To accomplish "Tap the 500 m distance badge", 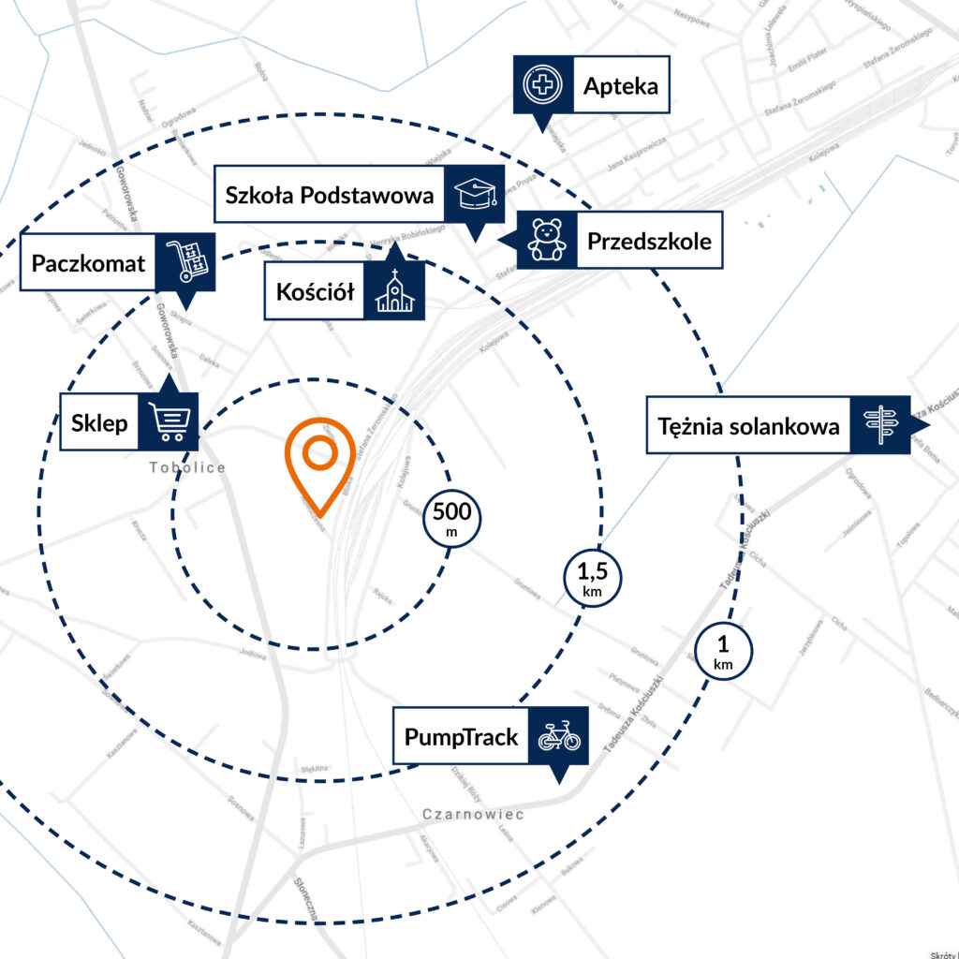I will coord(452,520).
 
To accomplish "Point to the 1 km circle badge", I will coord(723,652).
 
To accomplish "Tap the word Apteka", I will coord(620,87).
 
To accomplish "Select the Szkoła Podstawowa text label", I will coord(330,196).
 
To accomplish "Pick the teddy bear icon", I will coord(547,240).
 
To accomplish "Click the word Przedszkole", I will coord(649,241).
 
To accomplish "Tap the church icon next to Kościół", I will coord(394,291).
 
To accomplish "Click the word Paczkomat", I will coord(89,262).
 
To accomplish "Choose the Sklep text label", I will coord(99,423).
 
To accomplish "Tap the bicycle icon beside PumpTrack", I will coord(559,737).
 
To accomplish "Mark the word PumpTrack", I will coord(461,737).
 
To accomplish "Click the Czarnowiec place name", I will coord(473,814).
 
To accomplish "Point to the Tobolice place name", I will coord(188,467).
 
